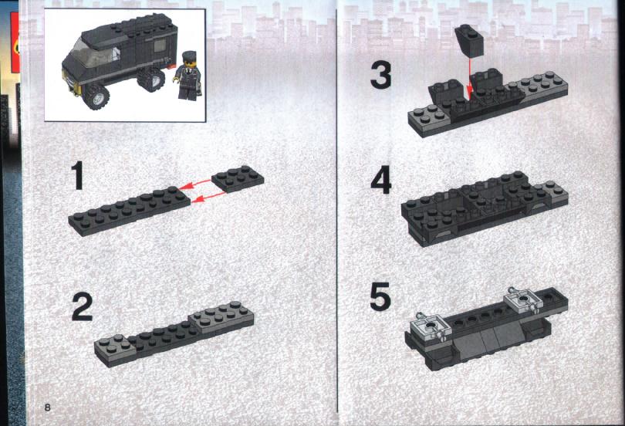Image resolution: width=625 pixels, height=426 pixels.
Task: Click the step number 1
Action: tap(77, 175)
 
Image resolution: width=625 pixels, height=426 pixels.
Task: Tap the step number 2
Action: tap(82, 306)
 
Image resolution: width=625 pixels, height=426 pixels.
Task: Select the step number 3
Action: tap(380, 76)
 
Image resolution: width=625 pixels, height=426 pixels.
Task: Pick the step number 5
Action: tap(380, 297)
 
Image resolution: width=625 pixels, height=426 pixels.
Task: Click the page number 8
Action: tap(47, 407)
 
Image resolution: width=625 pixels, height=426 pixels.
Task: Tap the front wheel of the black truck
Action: tap(96, 96)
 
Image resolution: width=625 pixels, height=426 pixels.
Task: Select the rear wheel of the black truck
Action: tap(150, 79)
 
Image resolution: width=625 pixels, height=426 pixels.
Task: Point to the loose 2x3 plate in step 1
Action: tap(238, 179)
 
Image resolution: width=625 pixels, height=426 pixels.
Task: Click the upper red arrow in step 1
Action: tap(194, 184)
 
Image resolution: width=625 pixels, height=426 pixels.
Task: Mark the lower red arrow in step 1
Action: tap(208, 197)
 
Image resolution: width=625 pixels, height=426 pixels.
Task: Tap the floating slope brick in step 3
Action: tap(470, 40)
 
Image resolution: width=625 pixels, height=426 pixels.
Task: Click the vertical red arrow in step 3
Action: tap(470, 79)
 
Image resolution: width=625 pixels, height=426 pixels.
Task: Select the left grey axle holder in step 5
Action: tap(430, 326)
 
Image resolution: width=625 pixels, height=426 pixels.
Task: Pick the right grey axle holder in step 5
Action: tap(523, 301)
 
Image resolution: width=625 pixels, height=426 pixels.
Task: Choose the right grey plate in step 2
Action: tap(221, 317)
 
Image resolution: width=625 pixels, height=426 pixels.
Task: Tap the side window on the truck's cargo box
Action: tap(160, 46)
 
